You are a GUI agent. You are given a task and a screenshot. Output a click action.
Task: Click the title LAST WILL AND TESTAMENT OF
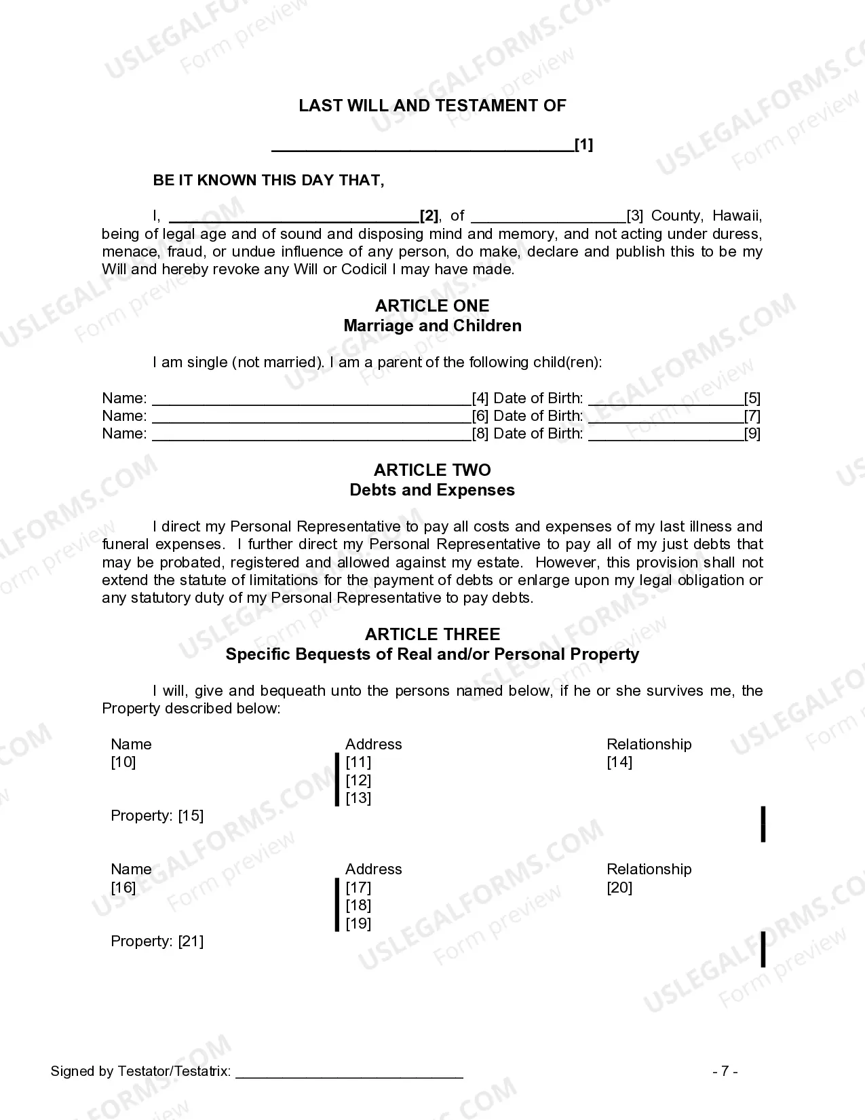[432, 106]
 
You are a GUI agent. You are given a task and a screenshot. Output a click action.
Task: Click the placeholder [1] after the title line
[583, 145]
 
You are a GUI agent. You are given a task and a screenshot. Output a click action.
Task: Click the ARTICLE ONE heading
[432, 306]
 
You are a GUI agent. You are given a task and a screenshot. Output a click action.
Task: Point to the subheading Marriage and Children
[432, 326]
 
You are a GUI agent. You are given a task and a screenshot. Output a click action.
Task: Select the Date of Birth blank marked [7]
[666, 417]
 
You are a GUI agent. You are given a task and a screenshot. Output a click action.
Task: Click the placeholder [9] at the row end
[752, 434]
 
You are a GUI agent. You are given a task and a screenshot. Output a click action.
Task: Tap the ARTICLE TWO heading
[432, 470]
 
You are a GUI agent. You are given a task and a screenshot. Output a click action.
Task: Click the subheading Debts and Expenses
[432, 490]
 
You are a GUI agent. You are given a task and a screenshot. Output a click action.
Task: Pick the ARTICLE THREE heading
[432, 635]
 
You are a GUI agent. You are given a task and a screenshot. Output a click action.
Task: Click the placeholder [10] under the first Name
[123, 762]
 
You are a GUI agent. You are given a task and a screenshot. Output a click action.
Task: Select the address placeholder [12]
[358, 781]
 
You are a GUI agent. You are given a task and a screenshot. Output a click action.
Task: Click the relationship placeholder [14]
[619, 762]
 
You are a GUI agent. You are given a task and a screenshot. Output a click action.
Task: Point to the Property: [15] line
[157, 816]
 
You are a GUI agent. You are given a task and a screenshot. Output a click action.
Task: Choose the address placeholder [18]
[358, 906]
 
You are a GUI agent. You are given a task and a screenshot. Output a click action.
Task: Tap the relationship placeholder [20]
[619, 888]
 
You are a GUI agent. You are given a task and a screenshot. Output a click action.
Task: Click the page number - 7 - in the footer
[725, 1072]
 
